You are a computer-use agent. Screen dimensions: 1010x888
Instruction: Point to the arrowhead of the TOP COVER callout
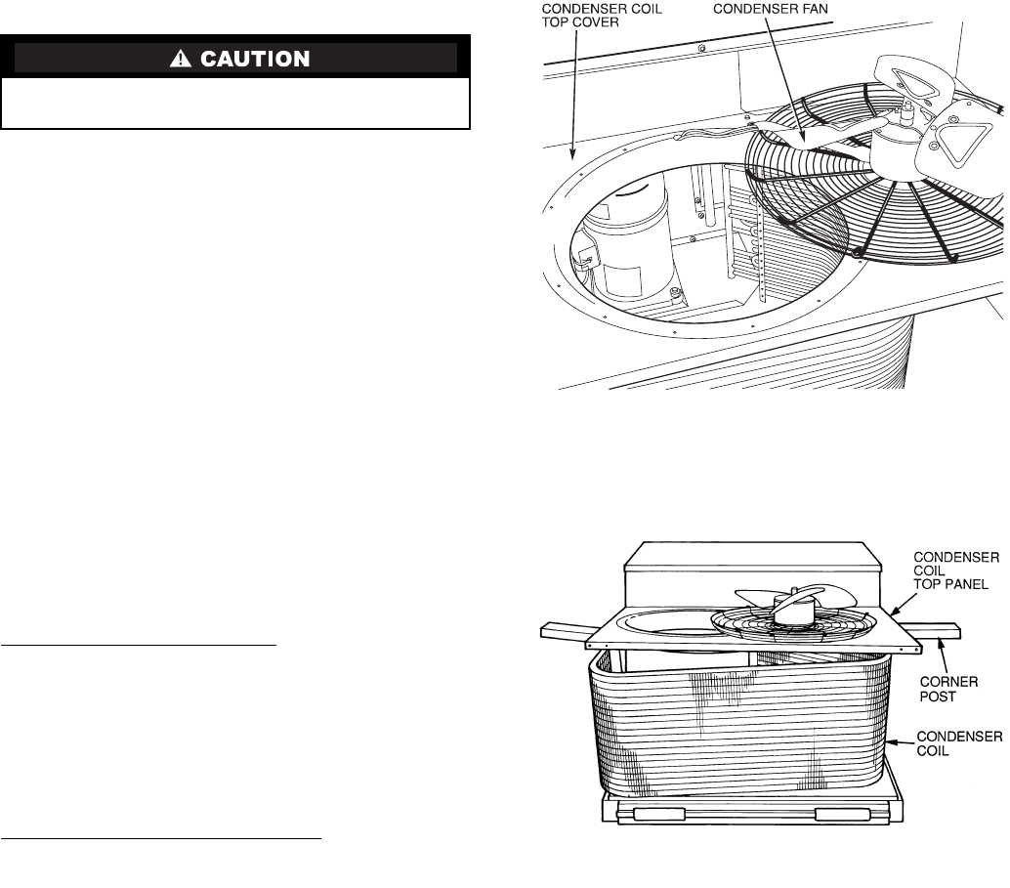(573, 154)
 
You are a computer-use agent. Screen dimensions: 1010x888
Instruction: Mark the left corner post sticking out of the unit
(563, 631)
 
